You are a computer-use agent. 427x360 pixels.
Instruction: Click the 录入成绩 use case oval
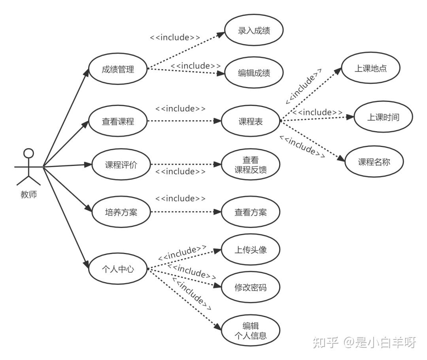click(254, 30)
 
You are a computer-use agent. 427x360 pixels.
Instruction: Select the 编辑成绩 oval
click(254, 73)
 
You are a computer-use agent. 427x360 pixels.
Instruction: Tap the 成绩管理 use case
click(118, 69)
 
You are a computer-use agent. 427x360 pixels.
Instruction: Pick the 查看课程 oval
click(118, 121)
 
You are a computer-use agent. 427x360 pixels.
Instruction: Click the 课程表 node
click(251, 121)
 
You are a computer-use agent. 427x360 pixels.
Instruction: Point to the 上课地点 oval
click(370, 68)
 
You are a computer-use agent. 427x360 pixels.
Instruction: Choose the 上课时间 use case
click(383, 117)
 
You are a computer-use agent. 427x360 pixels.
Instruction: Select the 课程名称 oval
click(374, 162)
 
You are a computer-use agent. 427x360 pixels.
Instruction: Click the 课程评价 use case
click(121, 164)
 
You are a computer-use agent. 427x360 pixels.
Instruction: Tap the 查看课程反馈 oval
click(251, 164)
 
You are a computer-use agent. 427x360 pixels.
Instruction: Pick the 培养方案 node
click(121, 212)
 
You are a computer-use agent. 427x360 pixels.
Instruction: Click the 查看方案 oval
click(251, 212)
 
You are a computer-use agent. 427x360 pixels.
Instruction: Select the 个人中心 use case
click(118, 269)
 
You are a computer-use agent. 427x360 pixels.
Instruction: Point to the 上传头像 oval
click(251, 249)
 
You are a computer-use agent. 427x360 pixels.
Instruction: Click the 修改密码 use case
click(251, 287)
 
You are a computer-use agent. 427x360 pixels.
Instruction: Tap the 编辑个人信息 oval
click(251, 331)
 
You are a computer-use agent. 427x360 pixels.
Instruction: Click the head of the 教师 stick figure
click(28, 153)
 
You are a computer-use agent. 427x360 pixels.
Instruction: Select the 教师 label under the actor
click(28, 194)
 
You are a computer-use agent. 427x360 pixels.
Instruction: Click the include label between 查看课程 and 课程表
click(180, 109)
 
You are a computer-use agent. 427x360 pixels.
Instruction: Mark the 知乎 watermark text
click(325, 342)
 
